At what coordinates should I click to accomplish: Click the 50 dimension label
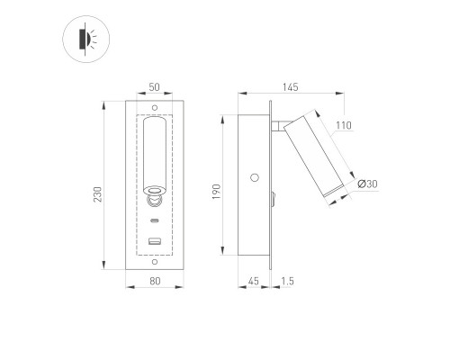tap(154, 87)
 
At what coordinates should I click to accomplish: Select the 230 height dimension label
tap(98, 194)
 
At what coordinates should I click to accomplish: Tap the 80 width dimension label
tap(155, 281)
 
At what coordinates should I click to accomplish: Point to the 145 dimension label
tap(291, 87)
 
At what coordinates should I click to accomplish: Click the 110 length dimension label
tap(344, 125)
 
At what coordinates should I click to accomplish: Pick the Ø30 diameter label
tap(367, 184)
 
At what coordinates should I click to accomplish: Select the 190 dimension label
tap(217, 192)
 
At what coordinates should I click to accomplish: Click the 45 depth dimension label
tap(254, 281)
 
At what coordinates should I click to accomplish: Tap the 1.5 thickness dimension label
tap(287, 281)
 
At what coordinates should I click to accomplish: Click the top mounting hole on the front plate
tap(155, 108)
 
